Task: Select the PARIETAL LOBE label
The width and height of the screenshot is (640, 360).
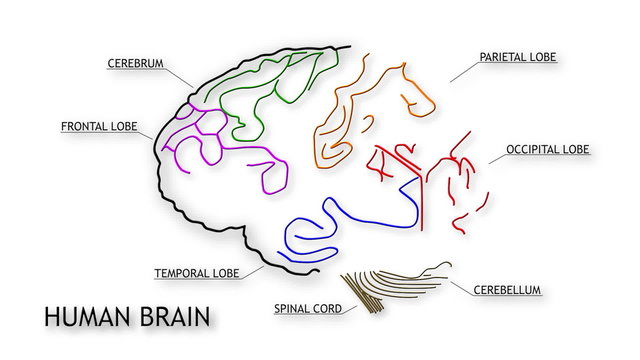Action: (x=517, y=57)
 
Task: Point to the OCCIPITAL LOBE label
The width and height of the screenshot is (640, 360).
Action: (x=547, y=149)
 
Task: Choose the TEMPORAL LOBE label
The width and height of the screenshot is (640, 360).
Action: (x=196, y=272)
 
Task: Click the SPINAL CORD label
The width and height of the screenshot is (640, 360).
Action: (x=308, y=308)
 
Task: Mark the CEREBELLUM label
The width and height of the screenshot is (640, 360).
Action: (x=507, y=290)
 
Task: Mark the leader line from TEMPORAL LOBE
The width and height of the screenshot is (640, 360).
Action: (x=254, y=268)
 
